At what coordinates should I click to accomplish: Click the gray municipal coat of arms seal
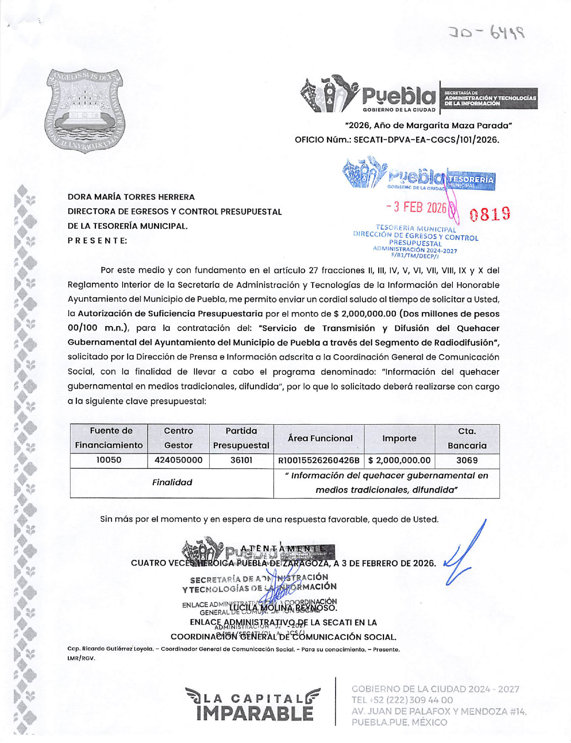pos(85,111)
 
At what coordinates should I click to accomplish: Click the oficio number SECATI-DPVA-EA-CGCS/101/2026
pos(426,140)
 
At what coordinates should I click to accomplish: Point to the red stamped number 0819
pos(490,214)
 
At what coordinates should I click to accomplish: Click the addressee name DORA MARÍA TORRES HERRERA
pos(131,197)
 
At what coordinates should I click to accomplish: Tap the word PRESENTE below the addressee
pos(97,240)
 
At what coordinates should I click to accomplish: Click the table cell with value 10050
pos(109,460)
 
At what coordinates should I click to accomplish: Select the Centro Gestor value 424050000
pos(178,460)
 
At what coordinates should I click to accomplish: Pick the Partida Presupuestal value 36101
pos(241,460)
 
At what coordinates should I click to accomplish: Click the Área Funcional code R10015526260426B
pos(319,460)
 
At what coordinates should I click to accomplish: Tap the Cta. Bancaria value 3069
pos(467,460)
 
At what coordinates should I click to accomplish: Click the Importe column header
pos(399,438)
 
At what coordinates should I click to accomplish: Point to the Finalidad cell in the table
pos(172,482)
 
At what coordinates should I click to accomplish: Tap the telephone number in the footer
pos(402,700)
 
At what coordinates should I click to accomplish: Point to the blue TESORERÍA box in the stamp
pos(470,180)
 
